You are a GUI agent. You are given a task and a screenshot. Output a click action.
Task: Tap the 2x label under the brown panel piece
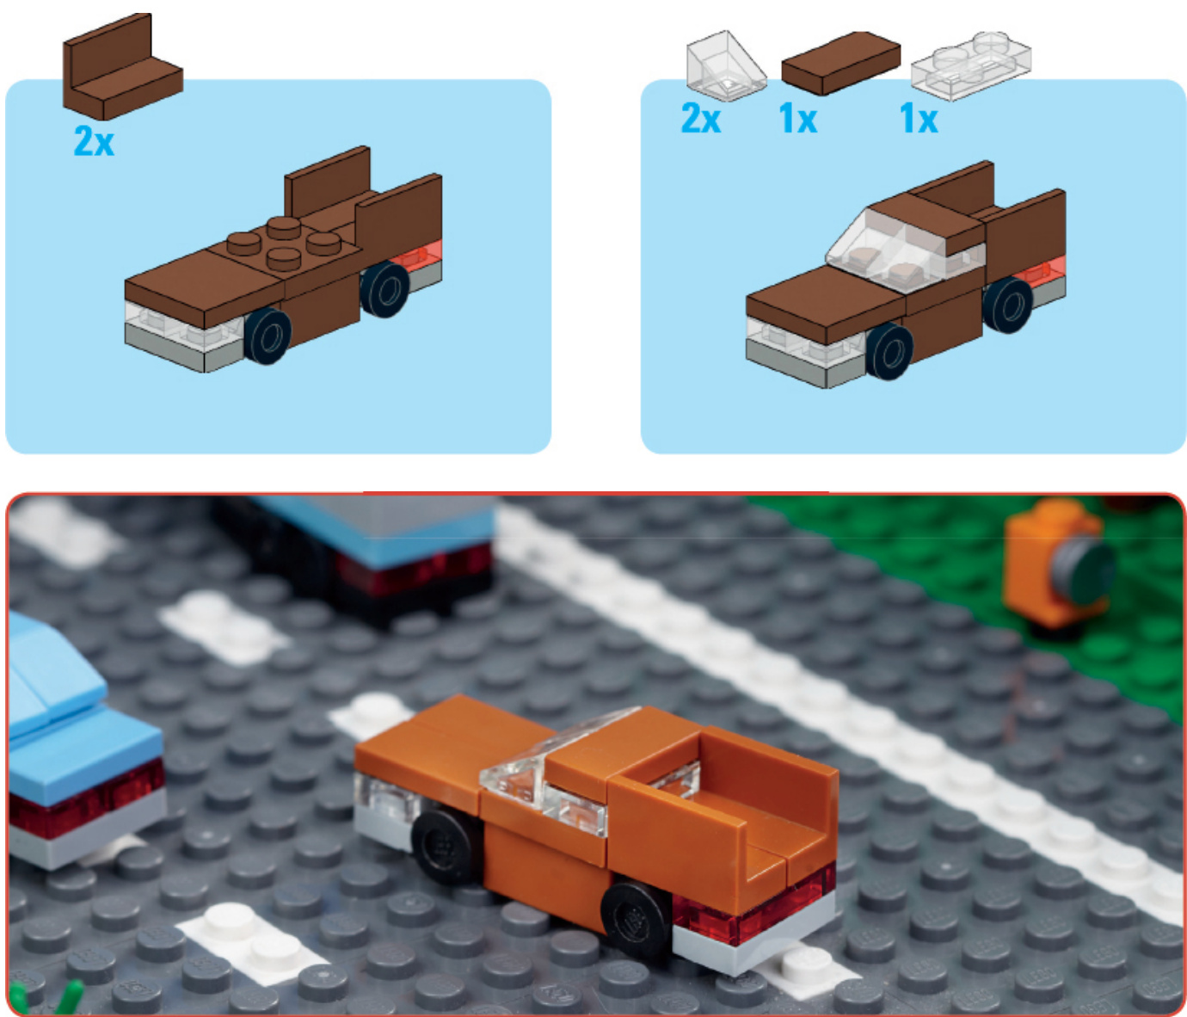(x=94, y=141)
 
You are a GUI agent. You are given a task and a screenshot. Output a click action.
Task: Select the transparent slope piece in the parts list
(x=726, y=65)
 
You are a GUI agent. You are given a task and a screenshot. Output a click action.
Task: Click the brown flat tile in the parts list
(x=840, y=63)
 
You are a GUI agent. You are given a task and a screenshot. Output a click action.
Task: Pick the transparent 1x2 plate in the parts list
(x=971, y=66)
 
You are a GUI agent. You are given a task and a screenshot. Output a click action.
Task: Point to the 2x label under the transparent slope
(x=701, y=119)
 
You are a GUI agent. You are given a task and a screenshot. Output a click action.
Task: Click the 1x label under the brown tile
(x=798, y=119)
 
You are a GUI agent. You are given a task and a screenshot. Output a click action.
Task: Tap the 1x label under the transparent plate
(x=919, y=119)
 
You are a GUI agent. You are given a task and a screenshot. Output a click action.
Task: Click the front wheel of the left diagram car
(x=268, y=336)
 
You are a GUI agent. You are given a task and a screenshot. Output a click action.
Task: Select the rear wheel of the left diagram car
(x=384, y=289)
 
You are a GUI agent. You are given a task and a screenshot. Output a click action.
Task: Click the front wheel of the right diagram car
(x=889, y=352)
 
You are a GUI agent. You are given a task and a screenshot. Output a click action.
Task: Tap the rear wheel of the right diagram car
(x=1008, y=305)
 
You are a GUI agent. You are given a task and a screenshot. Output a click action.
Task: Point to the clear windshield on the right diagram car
(x=887, y=247)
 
